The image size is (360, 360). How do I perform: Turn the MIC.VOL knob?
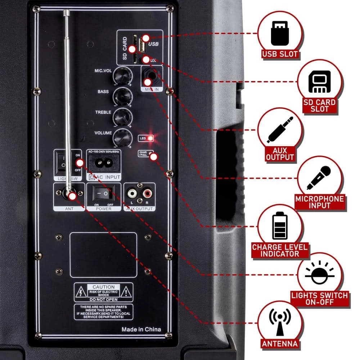point(121,75)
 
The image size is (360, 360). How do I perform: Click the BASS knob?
point(121,95)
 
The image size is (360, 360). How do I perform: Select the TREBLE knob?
point(121,117)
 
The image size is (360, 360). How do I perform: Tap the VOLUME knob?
point(121,138)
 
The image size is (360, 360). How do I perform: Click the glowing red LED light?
point(150,138)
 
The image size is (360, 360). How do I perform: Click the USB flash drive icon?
point(279,33)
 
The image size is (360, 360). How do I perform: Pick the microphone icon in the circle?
point(319,177)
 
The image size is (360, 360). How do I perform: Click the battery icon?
point(280,225)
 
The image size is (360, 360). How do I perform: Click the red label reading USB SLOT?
point(280,55)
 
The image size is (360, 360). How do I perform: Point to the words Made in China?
point(141,329)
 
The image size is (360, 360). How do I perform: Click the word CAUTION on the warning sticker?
point(103,287)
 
